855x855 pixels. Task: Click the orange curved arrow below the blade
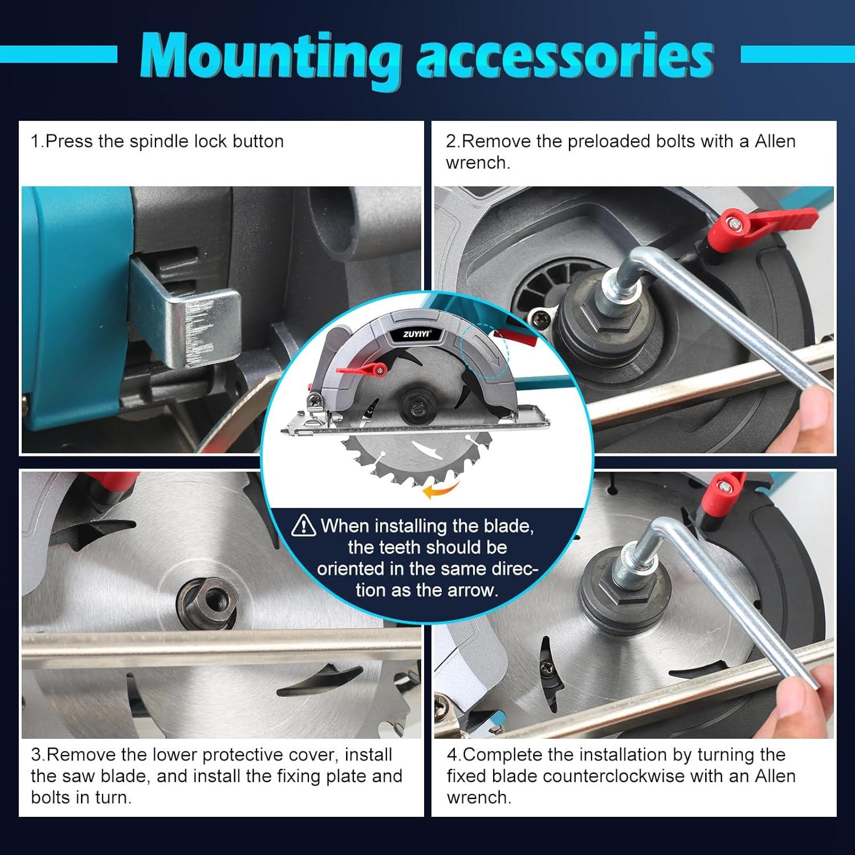(442, 489)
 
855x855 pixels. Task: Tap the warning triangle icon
(303, 525)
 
